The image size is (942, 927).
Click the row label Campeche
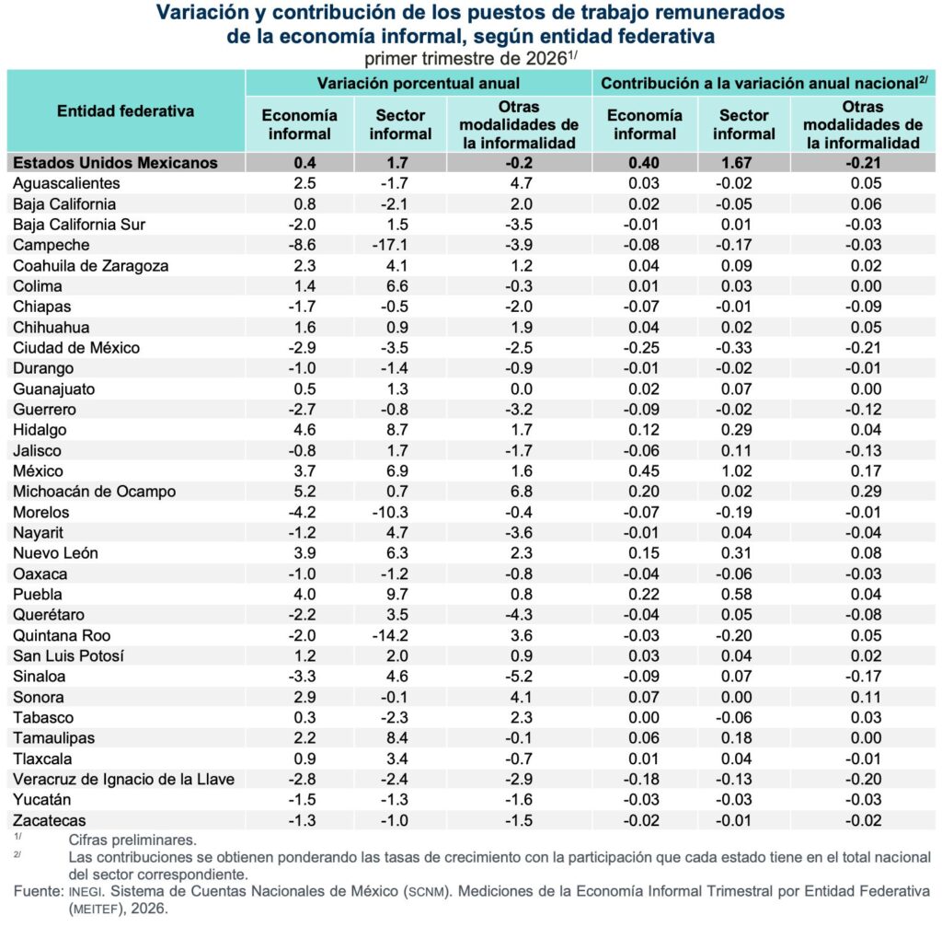(52, 245)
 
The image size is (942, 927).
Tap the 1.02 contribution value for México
(736, 471)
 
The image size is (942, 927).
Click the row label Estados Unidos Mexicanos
(115, 163)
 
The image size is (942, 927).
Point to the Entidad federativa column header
(125, 111)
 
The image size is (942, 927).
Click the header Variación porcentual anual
(419, 83)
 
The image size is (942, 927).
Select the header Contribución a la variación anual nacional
(760, 83)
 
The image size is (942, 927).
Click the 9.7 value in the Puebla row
(397, 595)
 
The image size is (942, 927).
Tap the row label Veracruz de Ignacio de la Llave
(124, 780)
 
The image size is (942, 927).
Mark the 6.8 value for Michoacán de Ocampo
(521, 492)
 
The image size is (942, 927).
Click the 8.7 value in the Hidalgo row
(397, 430)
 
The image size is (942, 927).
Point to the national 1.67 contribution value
(736, 163)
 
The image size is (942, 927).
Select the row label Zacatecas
(50, 820)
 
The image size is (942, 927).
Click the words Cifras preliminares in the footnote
(132, 840)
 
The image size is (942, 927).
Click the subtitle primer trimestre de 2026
(465, 59)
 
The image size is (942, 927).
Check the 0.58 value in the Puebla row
(736, 595)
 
